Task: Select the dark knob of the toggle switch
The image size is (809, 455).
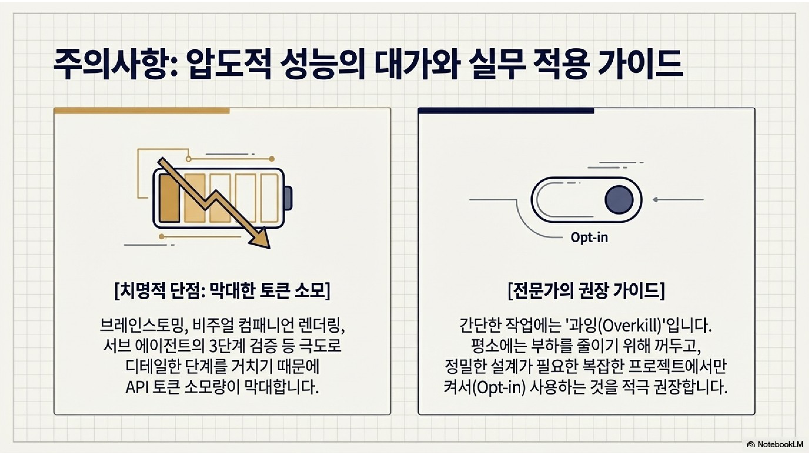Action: click(x=619, y=200)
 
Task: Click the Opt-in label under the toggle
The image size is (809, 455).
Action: click(x=589, y=237)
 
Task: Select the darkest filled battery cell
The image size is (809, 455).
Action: click(x=169, y=198)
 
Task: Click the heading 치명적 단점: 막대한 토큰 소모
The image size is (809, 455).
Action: click(x=222, y=292)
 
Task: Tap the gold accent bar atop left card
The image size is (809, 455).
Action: click(x=142, y=111)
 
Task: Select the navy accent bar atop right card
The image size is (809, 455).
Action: click(x=506, y=111)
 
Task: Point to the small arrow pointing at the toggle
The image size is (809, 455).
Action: click(x=656, y=200)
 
